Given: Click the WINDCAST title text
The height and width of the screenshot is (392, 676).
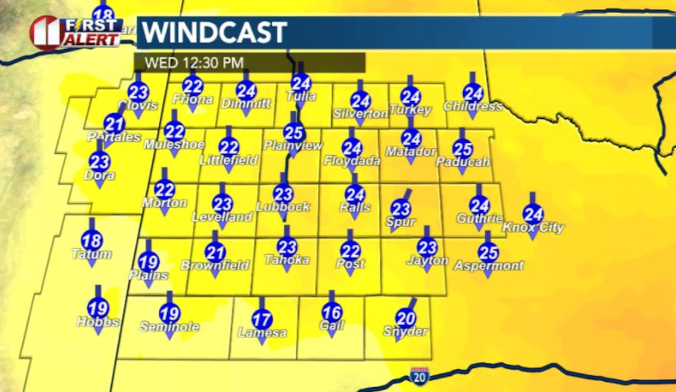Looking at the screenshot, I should coord(215,32).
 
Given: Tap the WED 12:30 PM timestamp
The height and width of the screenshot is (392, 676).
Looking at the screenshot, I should coord(194,63).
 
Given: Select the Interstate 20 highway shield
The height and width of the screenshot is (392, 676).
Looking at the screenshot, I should coord(418,376).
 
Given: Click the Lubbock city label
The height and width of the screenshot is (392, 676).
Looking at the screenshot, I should coord(283,206).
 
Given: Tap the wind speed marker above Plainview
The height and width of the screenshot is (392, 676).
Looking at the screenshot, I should coord(294,132).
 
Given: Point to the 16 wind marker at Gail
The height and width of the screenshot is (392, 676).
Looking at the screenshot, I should coord(332,311).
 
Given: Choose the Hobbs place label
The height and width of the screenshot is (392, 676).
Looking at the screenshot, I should coord(98,322).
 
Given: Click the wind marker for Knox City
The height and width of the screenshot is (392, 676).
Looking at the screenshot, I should coord(533,215).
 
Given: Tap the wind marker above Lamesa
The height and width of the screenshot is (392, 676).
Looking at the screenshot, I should coord(262,320).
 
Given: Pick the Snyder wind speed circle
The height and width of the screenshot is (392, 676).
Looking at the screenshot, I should coord(406,317).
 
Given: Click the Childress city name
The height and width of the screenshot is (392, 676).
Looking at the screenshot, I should coord(473,106).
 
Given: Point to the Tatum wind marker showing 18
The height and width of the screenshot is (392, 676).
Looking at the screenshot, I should coord(92,241).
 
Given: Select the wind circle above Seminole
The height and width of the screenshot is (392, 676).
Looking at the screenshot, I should coord(170,314).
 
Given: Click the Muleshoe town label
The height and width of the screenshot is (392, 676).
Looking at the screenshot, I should coord(175,145).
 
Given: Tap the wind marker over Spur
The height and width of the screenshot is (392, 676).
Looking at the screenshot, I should coord(401,208).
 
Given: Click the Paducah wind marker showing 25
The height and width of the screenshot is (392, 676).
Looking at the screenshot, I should coord(462,148).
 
